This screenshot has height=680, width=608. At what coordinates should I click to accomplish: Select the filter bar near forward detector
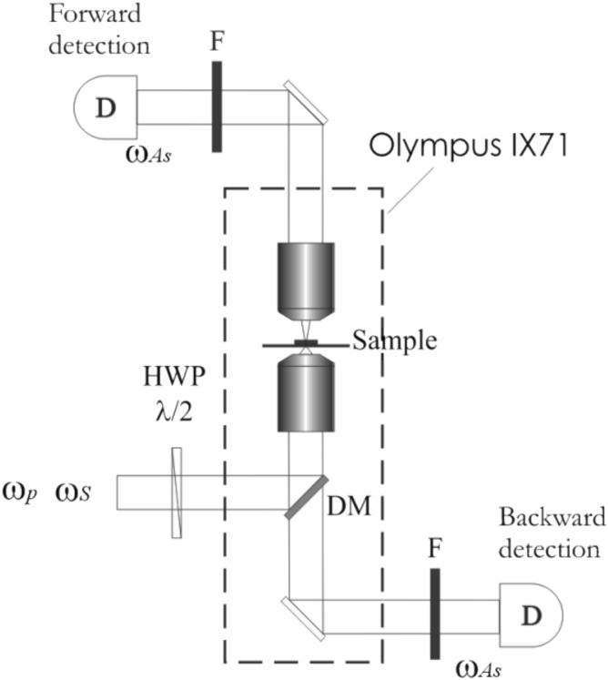point(217,106)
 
